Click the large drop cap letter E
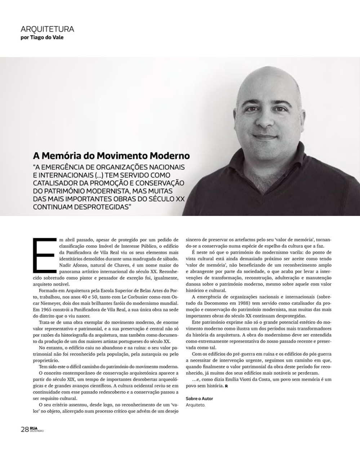41,254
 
